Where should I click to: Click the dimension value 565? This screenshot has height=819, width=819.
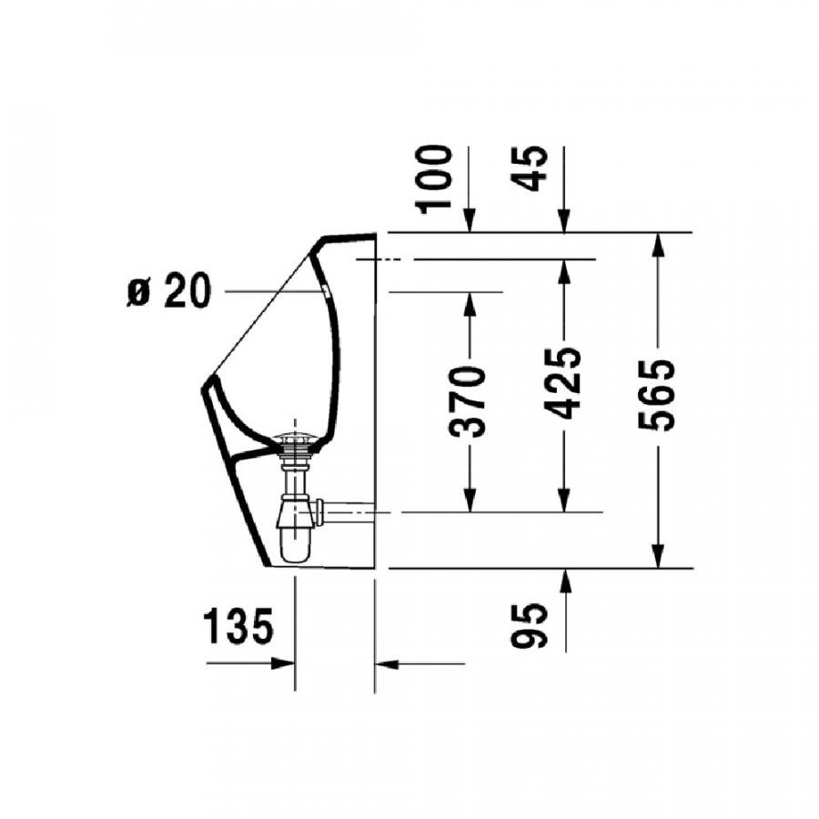pos(657,394)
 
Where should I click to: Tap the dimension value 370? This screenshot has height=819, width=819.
pos(470,400)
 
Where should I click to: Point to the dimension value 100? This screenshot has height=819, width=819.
pos(437,177)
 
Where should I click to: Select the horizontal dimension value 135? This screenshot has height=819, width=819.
pos(238,628)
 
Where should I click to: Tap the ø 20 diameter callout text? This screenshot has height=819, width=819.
pos(169,292)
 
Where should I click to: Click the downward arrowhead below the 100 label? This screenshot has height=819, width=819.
pos(470,221)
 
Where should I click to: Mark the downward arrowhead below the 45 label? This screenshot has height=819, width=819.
pos(564,221)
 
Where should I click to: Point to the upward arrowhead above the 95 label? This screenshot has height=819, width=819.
pos(564,581)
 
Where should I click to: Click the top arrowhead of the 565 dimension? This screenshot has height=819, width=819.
pos(658,245)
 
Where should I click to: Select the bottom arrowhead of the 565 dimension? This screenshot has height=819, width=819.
pos(658,555)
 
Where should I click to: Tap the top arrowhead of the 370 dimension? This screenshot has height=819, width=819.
pos(470,304)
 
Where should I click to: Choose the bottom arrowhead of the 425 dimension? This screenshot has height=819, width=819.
pos(564,500)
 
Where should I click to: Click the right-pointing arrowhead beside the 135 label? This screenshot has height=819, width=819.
pos(283,663)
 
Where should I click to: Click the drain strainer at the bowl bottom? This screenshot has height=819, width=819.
pos(297,442)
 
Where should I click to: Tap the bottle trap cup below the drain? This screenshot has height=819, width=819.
pos(294,541)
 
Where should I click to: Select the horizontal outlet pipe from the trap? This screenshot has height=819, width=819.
pos(350,511)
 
